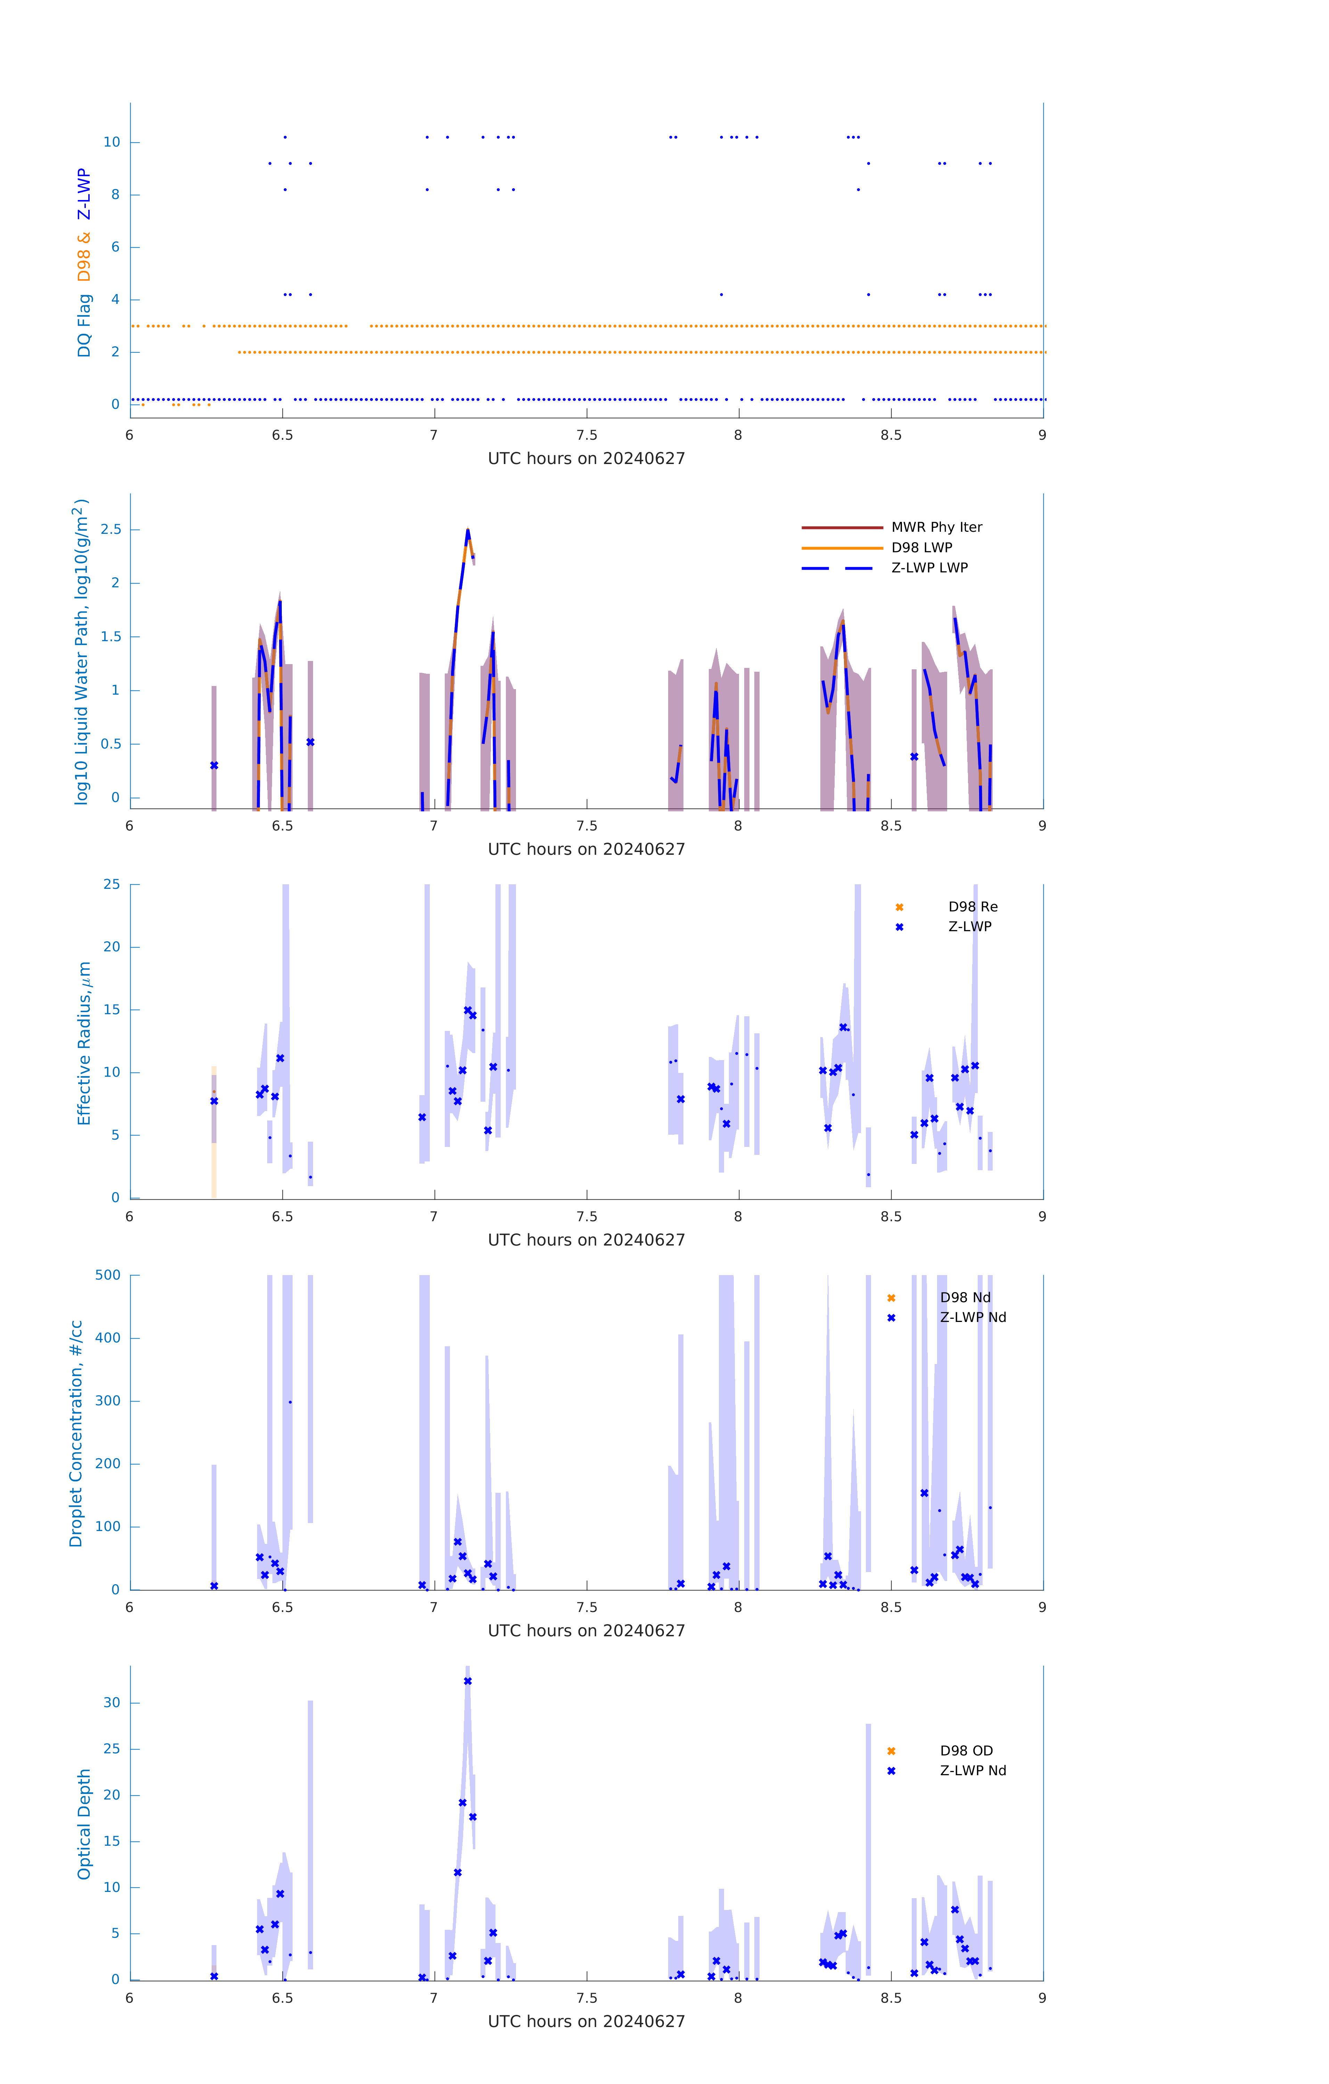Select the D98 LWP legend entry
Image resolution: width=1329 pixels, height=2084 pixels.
921,548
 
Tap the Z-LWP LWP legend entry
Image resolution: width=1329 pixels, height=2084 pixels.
929,568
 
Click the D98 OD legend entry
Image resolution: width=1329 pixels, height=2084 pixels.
965,1751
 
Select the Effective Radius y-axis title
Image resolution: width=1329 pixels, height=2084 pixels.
84,1043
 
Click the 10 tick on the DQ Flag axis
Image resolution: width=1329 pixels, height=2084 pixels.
112,142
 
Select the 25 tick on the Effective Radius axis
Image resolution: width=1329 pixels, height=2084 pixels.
112,885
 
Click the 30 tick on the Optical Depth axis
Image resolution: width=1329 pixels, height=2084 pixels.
112,1702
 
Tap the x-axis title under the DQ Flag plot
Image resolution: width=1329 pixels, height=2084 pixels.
586,459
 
